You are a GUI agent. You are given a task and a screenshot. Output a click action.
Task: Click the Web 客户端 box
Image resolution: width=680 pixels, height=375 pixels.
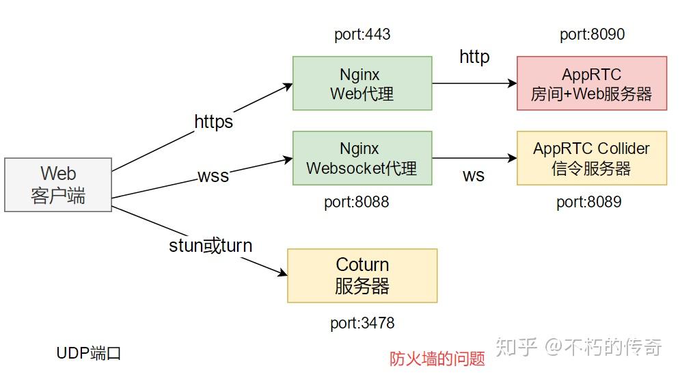tap(58, 185)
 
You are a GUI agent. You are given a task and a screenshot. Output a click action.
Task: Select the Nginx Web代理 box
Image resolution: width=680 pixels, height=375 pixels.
tap(362, 83)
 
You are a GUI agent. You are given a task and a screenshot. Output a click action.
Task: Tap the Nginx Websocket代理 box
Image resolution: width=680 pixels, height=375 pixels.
tap(362, 158)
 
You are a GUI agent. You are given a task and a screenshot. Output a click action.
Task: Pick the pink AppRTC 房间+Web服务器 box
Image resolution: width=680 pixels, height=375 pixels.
tap(591, 83)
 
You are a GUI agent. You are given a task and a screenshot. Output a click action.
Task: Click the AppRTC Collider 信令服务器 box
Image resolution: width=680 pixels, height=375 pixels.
tap(591, 158)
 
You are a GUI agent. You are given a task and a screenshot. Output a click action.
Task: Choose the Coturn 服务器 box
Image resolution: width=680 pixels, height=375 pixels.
tap(362, 275)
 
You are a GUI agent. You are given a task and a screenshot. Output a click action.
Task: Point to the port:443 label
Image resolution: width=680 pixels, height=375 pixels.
tap(362, 34)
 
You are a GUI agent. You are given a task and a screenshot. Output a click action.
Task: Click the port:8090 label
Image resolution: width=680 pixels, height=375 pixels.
tap(592, 34)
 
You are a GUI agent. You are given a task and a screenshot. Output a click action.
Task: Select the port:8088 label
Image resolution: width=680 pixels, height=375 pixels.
tap(356, 203)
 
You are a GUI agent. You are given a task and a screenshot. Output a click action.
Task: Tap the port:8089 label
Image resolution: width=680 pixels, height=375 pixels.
tap(588, 203)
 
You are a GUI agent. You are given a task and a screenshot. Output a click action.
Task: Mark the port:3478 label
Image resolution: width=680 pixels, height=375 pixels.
tap(362, 323)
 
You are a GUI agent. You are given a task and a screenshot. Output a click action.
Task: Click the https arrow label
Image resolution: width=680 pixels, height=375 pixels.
tap(214, 122)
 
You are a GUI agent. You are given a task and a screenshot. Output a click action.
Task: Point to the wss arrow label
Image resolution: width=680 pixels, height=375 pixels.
tap(213, 176)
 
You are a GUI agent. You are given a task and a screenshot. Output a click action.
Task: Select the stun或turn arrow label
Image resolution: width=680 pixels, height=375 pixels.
tap(210, 246)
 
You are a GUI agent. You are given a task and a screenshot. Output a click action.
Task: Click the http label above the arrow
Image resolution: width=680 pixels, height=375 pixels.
tap(474, 57)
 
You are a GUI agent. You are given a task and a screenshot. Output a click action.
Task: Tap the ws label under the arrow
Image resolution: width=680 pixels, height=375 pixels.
tap(473, 175)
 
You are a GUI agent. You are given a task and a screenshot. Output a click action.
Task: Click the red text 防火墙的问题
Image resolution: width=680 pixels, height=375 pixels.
tap(437, 358)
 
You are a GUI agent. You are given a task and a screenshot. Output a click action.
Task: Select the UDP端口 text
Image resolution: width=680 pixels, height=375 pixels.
tap(89, 353)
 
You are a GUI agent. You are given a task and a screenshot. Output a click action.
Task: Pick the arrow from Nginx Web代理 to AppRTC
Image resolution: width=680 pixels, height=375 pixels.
tap(474, 83)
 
